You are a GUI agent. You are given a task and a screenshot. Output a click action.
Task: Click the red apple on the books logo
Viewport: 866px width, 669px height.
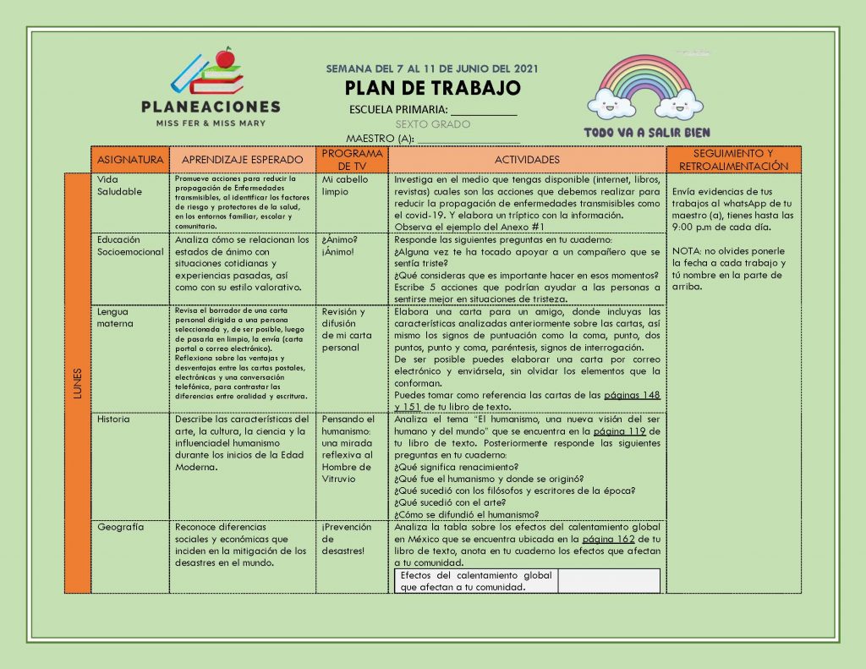coord(225,58)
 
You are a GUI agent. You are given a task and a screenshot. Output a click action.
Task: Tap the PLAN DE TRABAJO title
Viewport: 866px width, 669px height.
coord(432,88)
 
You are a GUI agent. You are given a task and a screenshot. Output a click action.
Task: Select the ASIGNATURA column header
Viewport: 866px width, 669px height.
coord(130,159)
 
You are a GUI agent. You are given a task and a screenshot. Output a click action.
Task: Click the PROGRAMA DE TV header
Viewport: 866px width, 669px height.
coord(353,159)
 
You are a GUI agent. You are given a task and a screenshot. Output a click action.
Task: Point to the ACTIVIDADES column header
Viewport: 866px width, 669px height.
coord(527,159)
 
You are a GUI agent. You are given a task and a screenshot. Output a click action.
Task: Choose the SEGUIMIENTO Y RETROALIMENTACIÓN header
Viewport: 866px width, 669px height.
coord(733,159)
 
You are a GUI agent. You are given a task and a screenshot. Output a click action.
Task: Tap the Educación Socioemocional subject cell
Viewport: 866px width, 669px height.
coord(129,245)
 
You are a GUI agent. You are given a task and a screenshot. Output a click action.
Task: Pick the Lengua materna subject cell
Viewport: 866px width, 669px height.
coord(115,317)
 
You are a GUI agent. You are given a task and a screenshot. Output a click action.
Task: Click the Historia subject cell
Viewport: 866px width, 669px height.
coord(113,419)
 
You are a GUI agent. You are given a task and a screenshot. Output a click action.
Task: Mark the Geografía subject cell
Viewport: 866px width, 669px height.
coord(120,527)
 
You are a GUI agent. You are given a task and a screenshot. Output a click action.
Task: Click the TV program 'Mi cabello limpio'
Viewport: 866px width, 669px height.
coord(340,185)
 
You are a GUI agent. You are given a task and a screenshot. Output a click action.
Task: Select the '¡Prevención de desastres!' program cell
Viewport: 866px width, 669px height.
coord(346,539)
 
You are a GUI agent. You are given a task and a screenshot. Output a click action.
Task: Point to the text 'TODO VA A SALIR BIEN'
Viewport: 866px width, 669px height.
coord(647,133)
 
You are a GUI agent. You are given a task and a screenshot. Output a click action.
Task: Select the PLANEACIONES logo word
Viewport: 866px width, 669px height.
coord(211,107)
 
